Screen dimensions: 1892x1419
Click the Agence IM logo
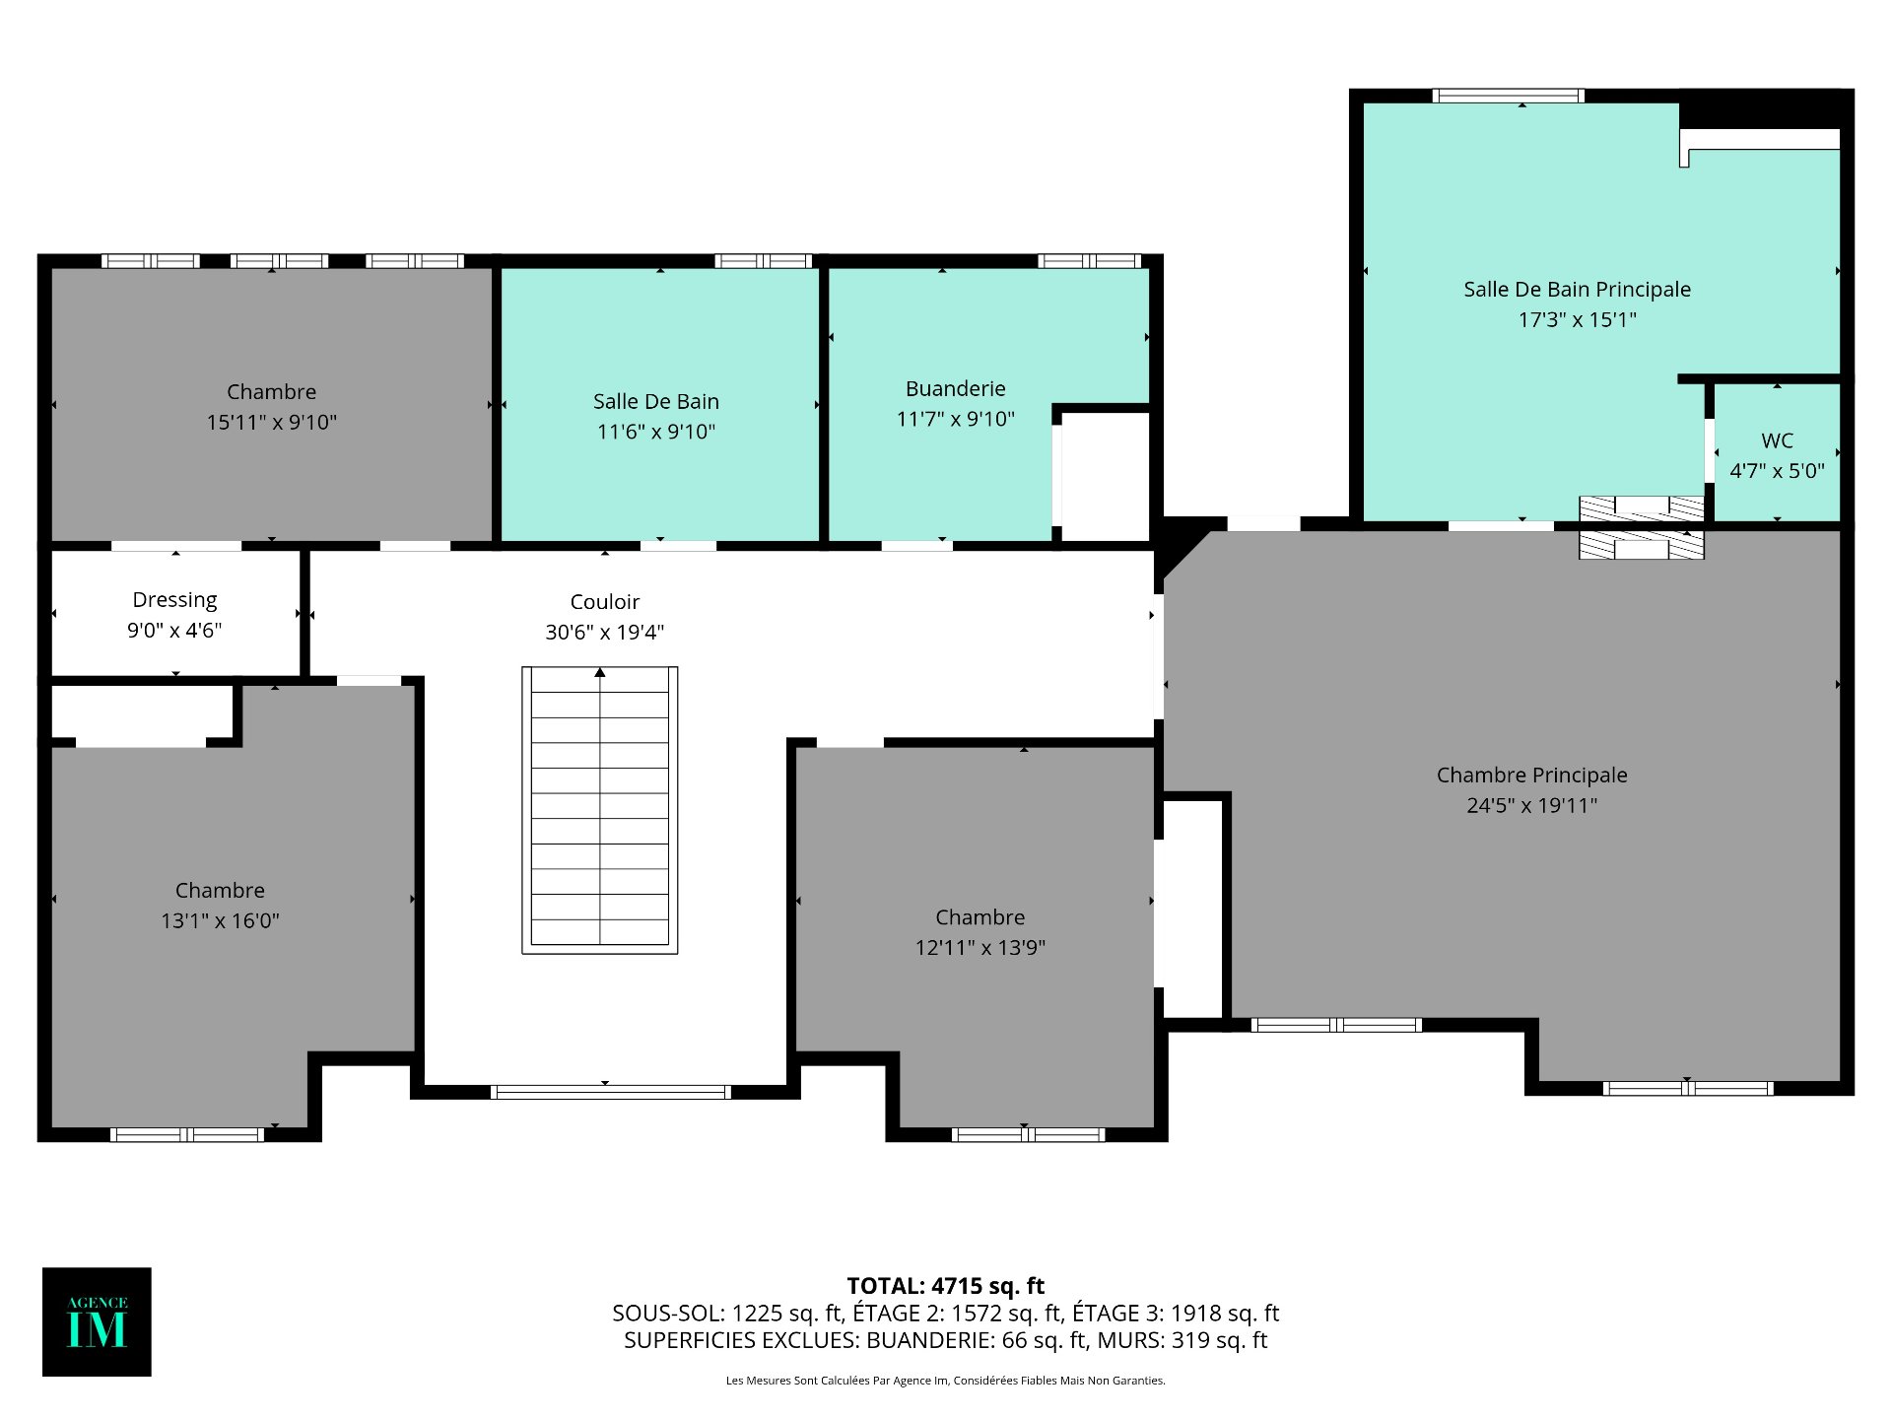click(97, 1321)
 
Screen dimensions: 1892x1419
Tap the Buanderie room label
click(956, 389)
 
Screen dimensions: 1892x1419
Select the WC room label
click(1778, 440)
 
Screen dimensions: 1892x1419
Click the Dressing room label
click(174, 600)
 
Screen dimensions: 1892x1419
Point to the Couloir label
click(605, 602)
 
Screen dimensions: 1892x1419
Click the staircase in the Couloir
click(600, 810)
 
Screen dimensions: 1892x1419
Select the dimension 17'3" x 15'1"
click(1577, 319)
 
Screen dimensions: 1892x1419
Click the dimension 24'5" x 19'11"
click(1532, 805)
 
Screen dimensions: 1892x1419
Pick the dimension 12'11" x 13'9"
click(980, 947)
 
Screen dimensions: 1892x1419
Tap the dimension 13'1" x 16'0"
click(220, 920)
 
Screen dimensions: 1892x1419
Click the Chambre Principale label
click(1532, 776)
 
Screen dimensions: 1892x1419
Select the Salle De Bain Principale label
click(1577, 290)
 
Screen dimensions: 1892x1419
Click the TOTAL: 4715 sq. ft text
click(946, 1286)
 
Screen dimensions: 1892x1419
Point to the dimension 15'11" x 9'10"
click(272, 422)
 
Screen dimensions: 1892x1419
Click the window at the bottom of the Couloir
click(610, 1092)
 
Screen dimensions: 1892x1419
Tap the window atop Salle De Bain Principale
click(1508, 96)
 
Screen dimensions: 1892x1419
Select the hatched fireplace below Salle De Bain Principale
click(1642, 527)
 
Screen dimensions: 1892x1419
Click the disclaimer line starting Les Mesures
click(946, 1381)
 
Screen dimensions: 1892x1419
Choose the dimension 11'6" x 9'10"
click(656, 432)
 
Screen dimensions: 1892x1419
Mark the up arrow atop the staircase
click(600, 672)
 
